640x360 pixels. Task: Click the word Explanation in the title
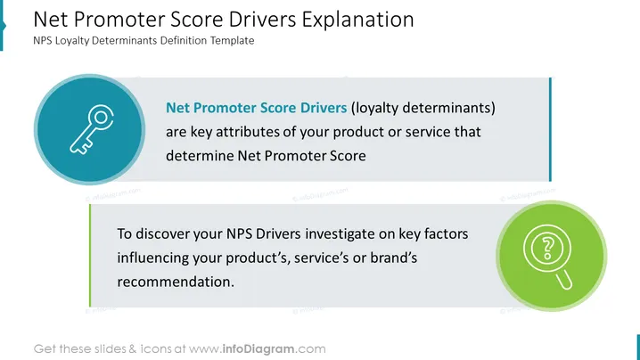[357, 20]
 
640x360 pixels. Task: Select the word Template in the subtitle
[233, 40]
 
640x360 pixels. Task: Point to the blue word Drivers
[324, 108]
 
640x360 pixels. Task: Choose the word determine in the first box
[200, 156]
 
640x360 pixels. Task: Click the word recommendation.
[176, 282]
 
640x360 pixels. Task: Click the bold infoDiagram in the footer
[258, 349]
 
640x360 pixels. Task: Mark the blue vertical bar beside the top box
[550, 129]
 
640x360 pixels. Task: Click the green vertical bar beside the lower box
[90, 256]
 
